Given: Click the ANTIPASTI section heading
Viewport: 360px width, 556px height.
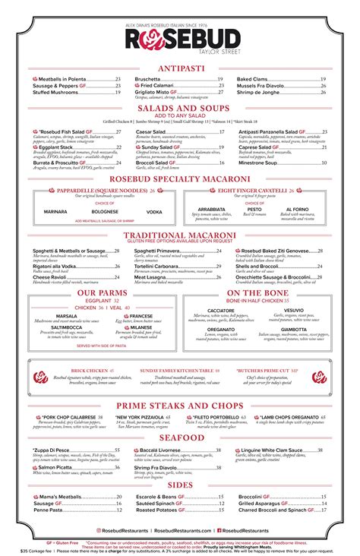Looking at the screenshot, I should tap(180, 68).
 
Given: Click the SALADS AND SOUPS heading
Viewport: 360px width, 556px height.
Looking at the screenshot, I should tap(180, 109).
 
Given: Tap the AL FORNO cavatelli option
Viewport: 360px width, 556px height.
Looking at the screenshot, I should tap(297, 209).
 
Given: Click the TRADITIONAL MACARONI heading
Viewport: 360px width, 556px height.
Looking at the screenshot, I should tap(180, 236).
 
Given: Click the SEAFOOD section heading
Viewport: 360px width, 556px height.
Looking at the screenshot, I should tap(180, 438).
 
